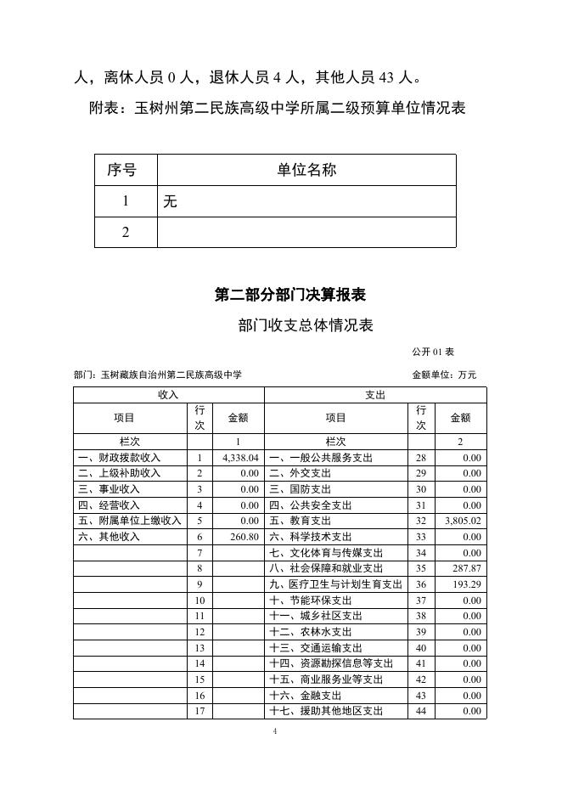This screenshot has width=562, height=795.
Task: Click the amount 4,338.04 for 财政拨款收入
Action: coord(239,458)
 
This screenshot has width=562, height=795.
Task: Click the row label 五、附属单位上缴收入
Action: coord(130,521)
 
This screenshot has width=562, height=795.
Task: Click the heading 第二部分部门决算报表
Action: coord(289,296)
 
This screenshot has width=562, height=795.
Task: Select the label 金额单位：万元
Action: coord(444,375)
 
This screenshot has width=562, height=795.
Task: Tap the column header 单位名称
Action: coord(306,170)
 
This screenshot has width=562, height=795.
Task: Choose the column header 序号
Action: coord(126,170)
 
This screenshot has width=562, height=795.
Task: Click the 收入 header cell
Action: coord(168,395)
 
